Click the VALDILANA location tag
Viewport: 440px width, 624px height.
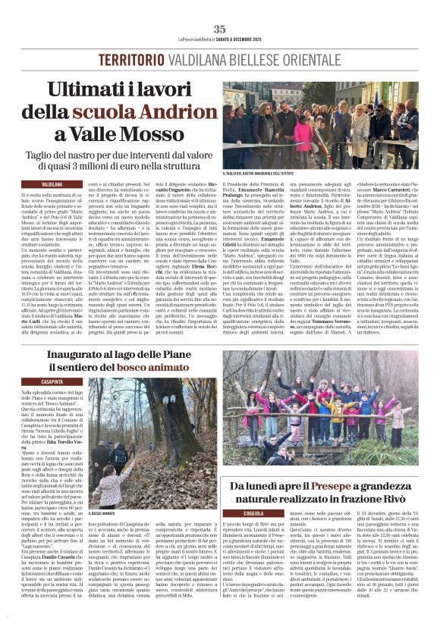click(x=52, y=184)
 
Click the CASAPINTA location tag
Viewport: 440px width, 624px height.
click(x=52, y=381)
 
